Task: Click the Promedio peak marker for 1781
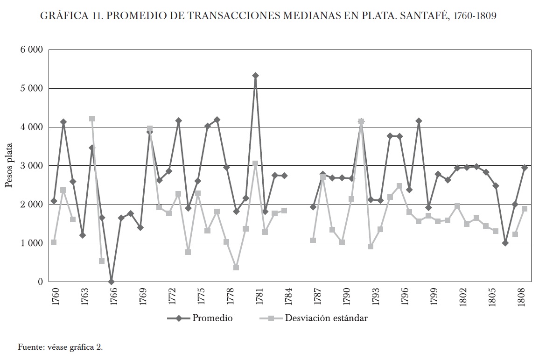(x=255, y=75)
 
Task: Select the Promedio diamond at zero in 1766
(x=111, y=282)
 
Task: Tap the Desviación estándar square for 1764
(x=92, y=119)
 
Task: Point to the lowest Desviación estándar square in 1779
(x=236, y=268)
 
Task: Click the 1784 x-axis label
(x=288, y=296)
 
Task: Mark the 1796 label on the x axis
(x=404, y=296)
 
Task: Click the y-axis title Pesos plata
(x=9, y=166)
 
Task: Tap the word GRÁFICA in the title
(x=63, y=16)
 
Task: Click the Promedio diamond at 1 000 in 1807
(x=505, y=243)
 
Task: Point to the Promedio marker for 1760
(x=54, y=201)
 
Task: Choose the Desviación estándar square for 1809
(x=525, y=209)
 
